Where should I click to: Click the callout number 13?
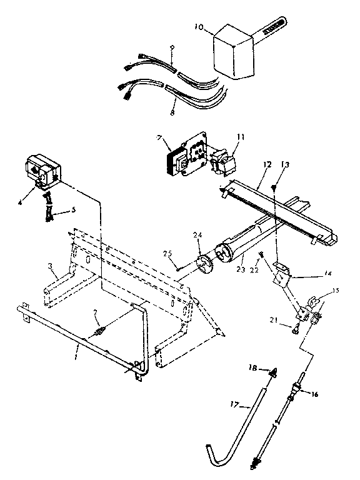(286, 164)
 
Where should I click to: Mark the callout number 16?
(314, 394)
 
